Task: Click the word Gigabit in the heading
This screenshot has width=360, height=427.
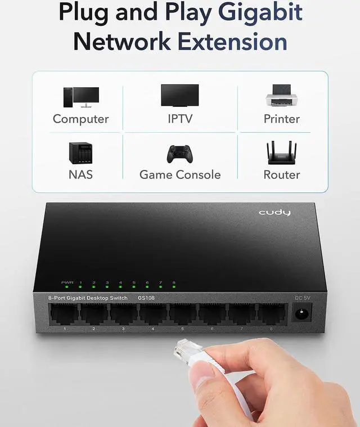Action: click(x=260, y=12)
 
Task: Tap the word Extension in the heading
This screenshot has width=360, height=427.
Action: click(x=232, y=41)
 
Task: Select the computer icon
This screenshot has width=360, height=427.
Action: click(x=81, y=97)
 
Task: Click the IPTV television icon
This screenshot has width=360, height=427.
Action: click(x=180, y=96)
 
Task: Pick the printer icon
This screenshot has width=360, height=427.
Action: click(x=281, y=96)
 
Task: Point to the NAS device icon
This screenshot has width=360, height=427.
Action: click(x=80, y=153)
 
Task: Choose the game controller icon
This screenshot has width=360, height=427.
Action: click(x=180, y=154)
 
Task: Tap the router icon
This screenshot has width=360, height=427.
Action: click(x=281, y=153)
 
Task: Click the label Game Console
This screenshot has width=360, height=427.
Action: click(x=180, y=174)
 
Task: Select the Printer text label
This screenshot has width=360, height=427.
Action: click(x=281, y=119)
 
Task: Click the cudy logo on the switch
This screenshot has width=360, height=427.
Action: click(x=274, y=213)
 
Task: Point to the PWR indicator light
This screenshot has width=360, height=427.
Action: click(x=67, y=287)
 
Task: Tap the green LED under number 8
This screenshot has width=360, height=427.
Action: click(x=174, y=287)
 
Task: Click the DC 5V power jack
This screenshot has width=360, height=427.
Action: click(x=301, y=313)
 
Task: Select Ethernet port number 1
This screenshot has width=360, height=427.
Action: click(x=64, y=314)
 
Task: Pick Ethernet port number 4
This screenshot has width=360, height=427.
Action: click(x=153, y=314)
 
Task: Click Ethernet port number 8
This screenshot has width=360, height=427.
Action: click(x=271, y=314)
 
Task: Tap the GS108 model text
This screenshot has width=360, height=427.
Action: click(x=145, y=298)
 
